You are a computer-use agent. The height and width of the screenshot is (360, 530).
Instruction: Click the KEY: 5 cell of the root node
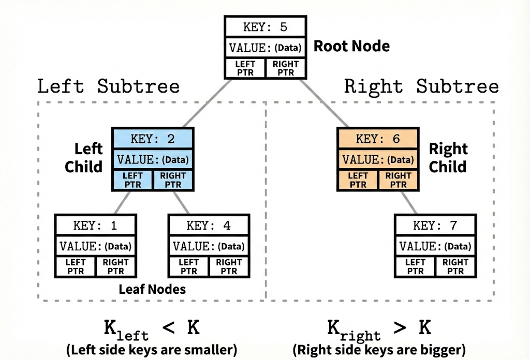point(265,26)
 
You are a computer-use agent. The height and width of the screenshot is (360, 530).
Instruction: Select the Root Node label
point(351,46)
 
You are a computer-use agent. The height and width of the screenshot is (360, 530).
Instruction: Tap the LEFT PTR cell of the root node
point(245,68)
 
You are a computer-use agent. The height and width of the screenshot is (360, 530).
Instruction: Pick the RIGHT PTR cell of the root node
point(286,68)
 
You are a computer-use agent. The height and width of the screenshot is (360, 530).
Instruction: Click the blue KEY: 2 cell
point(153,139)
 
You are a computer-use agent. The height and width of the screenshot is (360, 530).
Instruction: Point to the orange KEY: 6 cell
point(378,139)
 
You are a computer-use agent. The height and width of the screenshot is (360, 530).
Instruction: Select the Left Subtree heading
point(109,86)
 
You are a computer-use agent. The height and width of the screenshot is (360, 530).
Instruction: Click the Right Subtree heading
point(421,86)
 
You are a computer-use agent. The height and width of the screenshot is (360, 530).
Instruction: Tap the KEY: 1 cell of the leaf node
point(96,226)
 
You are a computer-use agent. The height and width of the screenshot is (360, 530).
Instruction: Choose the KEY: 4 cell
point(209,226)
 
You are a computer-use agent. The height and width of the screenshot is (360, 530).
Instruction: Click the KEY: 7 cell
point(435,226)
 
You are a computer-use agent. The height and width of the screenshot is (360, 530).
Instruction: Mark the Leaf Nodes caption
point(152,289)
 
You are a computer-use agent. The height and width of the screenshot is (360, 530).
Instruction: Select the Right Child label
point(448,158)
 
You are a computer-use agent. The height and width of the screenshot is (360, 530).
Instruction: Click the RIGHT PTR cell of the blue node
point(173,181)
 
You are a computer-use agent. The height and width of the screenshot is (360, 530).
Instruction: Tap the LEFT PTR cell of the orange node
point(358,181)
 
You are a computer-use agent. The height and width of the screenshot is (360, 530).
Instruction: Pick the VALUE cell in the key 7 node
point(435,246)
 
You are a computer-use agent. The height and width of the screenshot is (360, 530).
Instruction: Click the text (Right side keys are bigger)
point(379,349)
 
